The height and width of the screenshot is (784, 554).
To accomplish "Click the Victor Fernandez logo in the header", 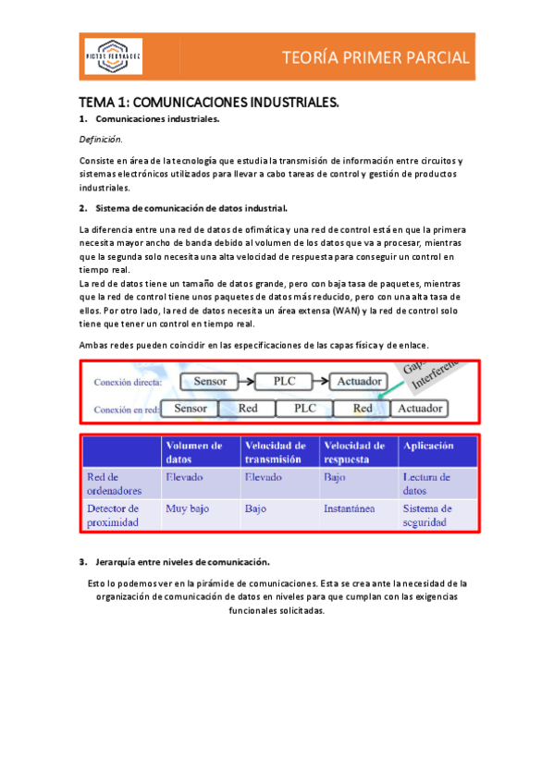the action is [114, 58].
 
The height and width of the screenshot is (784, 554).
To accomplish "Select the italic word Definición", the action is [100, 140].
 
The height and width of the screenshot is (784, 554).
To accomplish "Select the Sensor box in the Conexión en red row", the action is [191, 408].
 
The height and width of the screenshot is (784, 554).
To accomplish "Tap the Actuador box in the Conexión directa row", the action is [359, 381].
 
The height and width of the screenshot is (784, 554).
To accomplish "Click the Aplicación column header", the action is [428, 446].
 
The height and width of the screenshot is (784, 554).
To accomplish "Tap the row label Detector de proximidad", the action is [113, 515].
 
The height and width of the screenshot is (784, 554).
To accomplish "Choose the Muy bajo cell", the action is [186, 508].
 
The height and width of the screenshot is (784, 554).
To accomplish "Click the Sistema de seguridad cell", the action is [427, 515].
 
